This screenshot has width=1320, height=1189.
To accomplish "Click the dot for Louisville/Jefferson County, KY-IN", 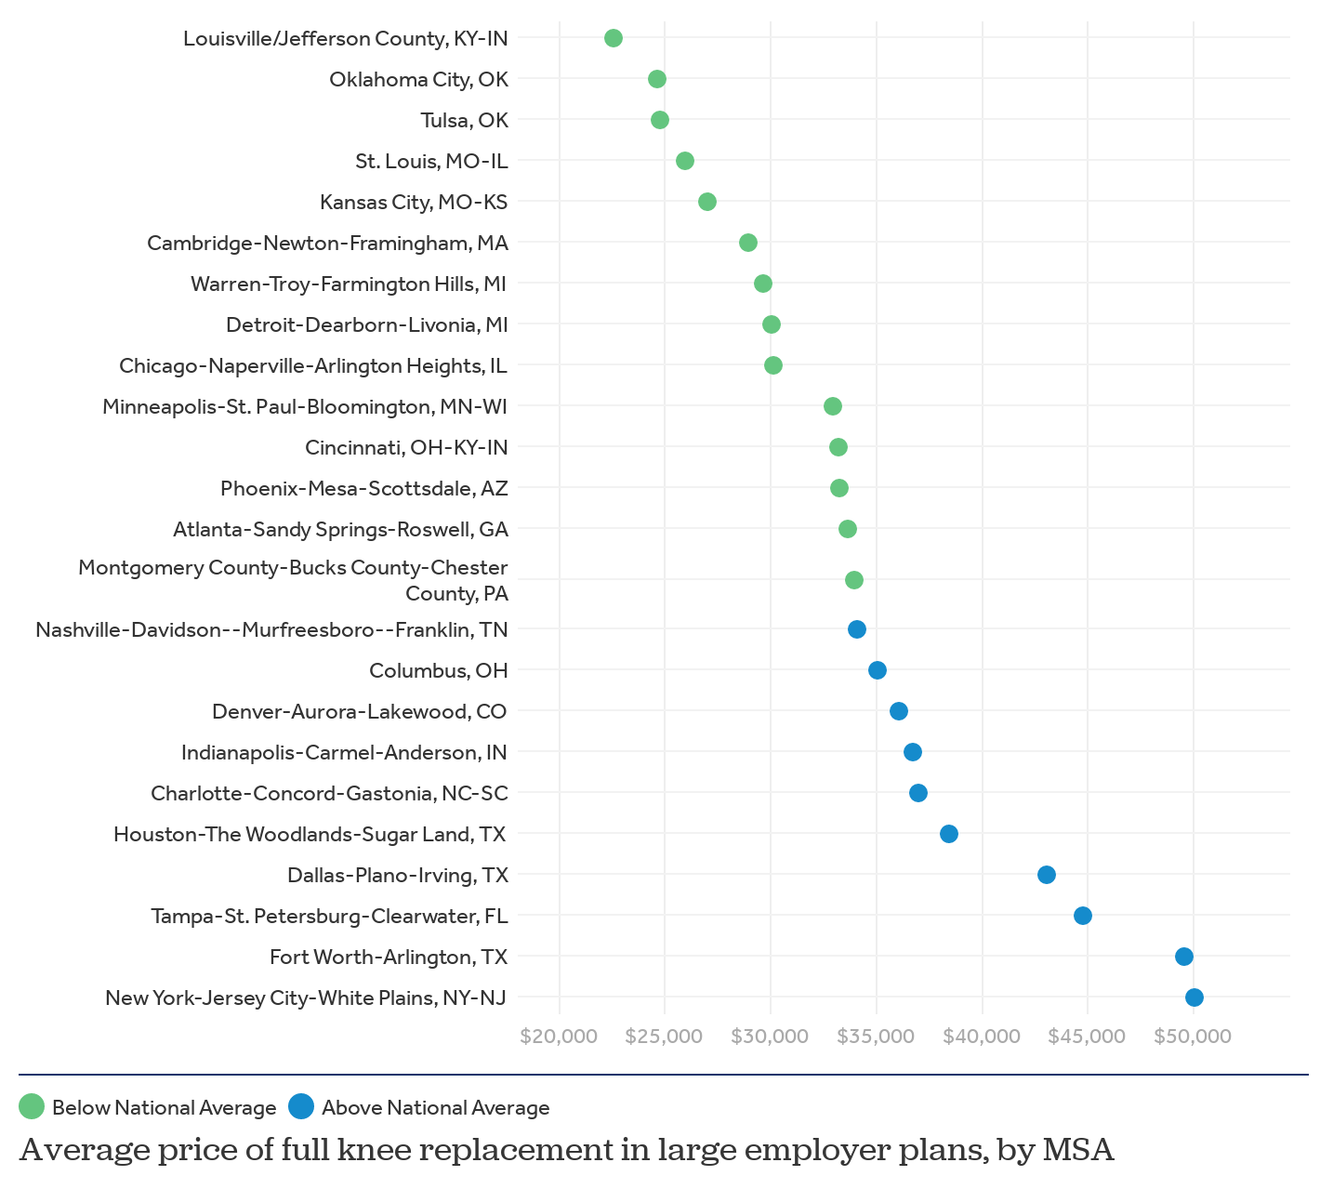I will pos(614,38).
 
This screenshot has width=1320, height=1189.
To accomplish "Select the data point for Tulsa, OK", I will pos(660,120).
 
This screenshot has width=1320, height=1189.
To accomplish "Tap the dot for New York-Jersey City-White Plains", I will pos(1195,997).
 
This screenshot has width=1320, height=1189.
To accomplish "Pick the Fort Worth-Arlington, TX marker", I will pos(1184,957).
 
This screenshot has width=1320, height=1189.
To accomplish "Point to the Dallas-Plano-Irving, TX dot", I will pos(1047,875).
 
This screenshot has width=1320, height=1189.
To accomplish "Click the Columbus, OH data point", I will pos(878,670).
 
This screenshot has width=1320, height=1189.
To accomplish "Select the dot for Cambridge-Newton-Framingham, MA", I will pos(748,243).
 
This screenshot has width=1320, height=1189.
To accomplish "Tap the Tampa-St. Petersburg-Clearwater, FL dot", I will pos(1083,916).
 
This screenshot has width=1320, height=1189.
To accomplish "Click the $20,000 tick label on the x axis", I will pos(559,1037).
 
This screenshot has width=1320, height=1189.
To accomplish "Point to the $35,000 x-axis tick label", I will pos(876,1037).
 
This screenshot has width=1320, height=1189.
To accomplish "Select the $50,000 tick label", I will pos(1193,1037).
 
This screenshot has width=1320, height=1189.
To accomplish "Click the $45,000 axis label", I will pos(1087,1037).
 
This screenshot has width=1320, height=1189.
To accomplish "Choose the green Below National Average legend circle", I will pos(32,1106).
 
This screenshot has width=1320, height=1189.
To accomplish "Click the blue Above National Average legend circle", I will pos(301,1106).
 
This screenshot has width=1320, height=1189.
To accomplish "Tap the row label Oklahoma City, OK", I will pos(418,79).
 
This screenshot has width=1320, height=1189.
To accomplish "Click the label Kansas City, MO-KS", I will pos(414,202).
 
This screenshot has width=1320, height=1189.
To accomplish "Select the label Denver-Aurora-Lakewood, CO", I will pos(360,711).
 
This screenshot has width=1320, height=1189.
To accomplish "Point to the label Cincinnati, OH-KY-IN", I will pos(406,447).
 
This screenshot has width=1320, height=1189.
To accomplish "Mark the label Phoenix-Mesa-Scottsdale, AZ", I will pos(364,488).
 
